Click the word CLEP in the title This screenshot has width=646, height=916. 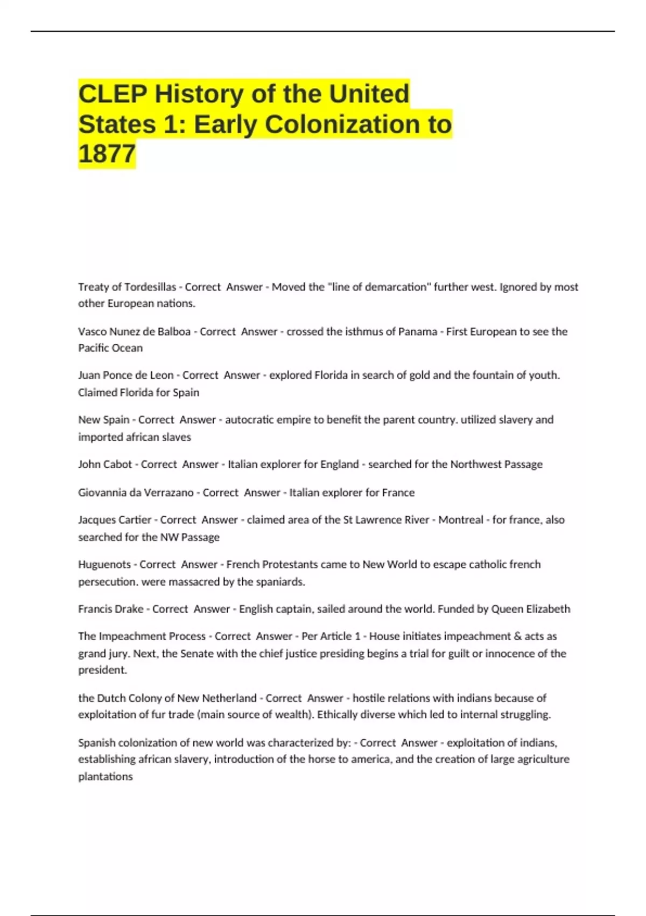click(x=113, y=94)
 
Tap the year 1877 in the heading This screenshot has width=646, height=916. click(x=107, y=154)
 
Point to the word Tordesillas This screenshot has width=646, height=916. click(x=150, y=287)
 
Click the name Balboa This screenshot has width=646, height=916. click(x=174, y=332)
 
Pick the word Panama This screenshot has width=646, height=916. click(x=417, y=332)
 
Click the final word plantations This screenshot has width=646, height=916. click(x=106, y=776)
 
